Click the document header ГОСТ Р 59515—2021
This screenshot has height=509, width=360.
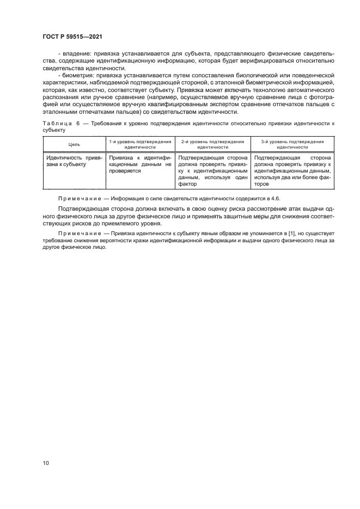click(x=72, y=36)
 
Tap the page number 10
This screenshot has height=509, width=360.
click(x=46, y=463)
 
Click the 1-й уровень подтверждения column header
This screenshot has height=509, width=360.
click(x=139, y=144)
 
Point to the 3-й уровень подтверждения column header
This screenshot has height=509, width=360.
click(x=292, y=144)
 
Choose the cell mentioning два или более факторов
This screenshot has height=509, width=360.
click(x=292, y=170)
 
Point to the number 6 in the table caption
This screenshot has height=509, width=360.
click(x=78, y=124)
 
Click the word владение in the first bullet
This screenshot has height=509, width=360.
click(x=75, y=54)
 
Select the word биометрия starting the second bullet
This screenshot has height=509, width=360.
click(x=77, y=75)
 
